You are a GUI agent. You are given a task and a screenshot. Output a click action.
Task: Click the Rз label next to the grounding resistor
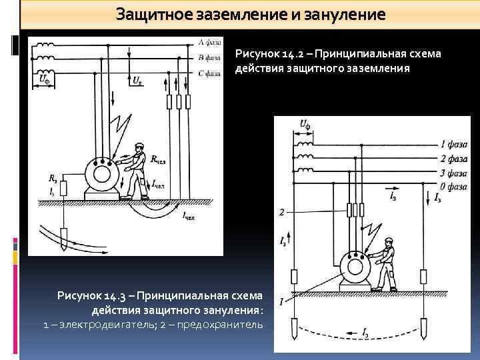[53, 178]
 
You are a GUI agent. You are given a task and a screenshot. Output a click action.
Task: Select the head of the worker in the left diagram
[138, 147]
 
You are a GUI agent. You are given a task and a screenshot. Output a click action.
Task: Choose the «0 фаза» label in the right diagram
[453, 187]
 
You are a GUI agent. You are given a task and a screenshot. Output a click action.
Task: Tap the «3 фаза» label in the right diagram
[453, 173]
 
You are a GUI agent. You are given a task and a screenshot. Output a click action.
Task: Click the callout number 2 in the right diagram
[282, 213]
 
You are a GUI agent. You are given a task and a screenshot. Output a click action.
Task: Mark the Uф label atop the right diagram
[305, 124]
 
